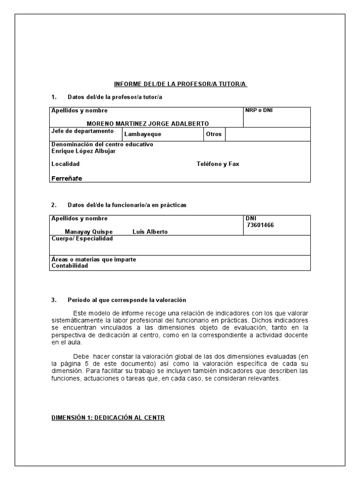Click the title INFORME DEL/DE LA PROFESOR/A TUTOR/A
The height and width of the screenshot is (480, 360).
tap(180, 84)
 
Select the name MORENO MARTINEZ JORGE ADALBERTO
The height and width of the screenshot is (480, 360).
tap(148, 123)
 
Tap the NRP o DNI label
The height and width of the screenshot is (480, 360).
tap(259, 111)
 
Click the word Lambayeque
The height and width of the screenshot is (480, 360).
tap(142, 134)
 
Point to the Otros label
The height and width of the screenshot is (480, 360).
tap(213, 134)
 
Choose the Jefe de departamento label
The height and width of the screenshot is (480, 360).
tap(82, 131)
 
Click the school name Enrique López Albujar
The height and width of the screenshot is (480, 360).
tap(83, 151)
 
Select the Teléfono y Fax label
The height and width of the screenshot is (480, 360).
tap(217, 164)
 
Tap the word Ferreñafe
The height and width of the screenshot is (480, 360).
tap(67, 178)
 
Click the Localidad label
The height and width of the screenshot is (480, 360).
tap(65, 164)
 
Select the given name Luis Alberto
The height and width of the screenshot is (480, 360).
tap(150, 232)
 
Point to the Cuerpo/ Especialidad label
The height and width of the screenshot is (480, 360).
tap(82, 239)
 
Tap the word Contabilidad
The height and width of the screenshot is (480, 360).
tap(69, 266)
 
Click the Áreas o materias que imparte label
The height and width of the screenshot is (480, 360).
tap(94, 259)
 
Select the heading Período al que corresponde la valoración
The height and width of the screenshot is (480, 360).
tap(127, 300)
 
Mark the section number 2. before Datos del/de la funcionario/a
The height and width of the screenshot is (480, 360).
tap(54, 205)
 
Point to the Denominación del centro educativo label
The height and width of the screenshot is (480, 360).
tap(102, 144)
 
